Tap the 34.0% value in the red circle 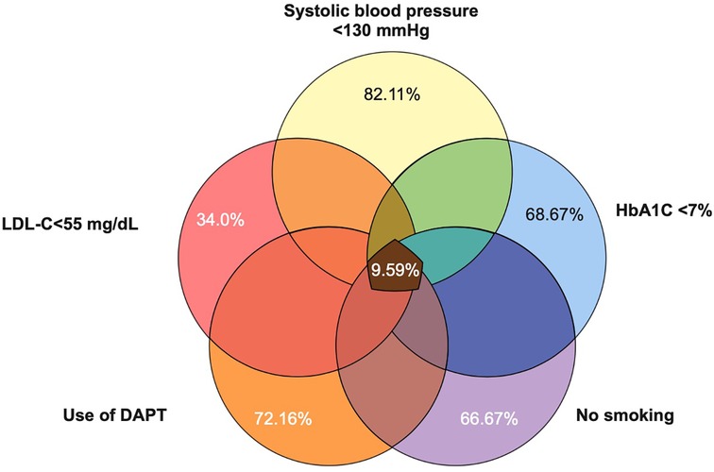click(218, 221)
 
